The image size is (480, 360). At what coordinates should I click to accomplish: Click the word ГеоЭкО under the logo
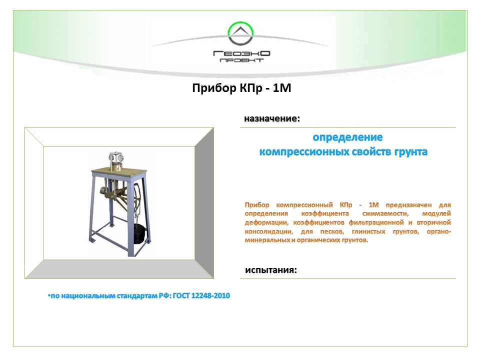click(241, 53)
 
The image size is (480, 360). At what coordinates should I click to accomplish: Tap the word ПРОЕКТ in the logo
click(241, 60)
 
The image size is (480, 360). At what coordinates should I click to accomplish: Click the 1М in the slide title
click(281, 88)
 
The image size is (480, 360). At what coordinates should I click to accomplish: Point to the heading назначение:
click(272, 119)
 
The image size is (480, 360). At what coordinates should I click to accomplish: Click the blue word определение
click(347, 137)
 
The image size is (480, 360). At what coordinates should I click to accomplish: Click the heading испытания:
click(271, 270)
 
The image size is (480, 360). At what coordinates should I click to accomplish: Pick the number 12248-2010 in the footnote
click(210, 296)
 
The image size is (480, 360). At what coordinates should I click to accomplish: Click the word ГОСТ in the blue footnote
click(181, 296)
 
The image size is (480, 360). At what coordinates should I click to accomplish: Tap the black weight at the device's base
click(140, 234)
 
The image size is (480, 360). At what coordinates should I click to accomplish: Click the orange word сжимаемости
click(385, 213)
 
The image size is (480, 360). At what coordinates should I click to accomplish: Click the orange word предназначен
click(408, 205)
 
